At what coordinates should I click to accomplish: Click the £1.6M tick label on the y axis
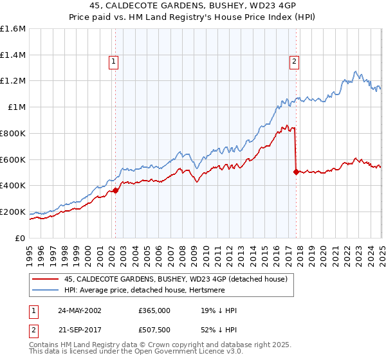click(13, 29)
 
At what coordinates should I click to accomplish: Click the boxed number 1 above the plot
click(113, 62)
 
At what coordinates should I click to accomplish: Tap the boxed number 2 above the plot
click(294, 62)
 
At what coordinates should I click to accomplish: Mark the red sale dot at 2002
click(116, 190)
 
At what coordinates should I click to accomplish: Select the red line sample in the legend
click(45, 279)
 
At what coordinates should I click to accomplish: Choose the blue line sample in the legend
click(45, 290)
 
